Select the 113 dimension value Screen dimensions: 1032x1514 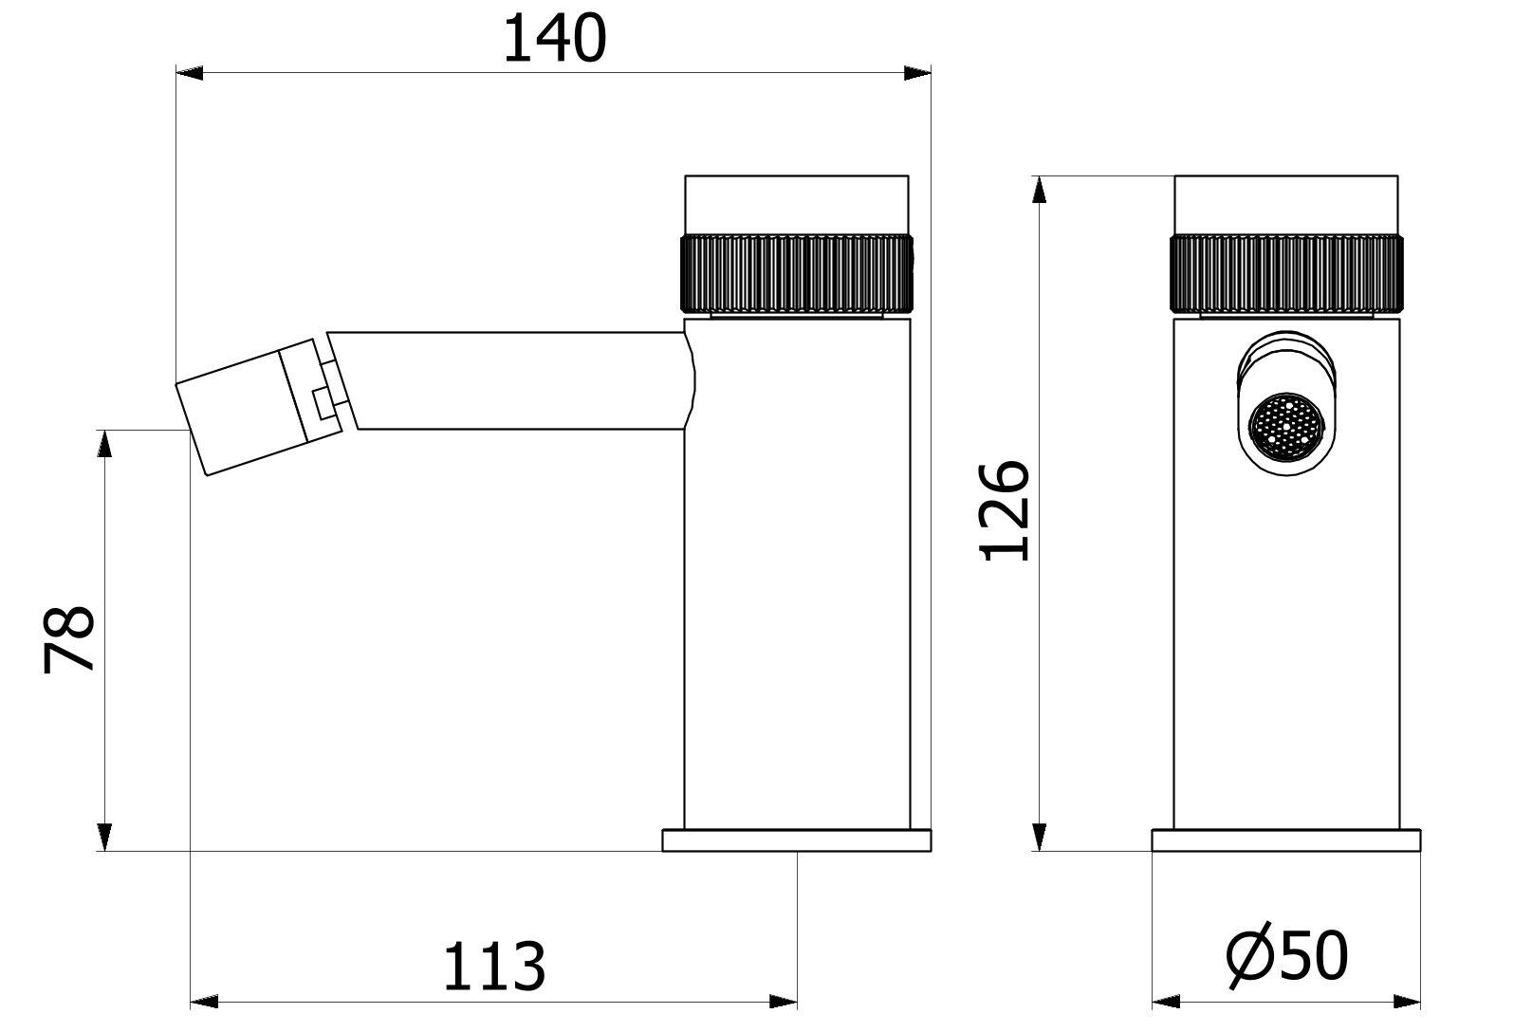(x=494, y=967)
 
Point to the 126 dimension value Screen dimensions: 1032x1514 (x=1005, y=511)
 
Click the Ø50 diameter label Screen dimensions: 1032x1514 (x=1286, y=956)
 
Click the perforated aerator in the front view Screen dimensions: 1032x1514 (x=1284, y=430)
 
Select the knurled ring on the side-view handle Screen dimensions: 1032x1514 (x=797, y=272)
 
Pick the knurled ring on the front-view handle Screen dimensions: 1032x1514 (x=1286, y=272)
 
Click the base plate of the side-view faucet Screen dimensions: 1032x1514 (x=797, y=840)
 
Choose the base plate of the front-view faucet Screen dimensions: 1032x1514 (x=1286, y=840)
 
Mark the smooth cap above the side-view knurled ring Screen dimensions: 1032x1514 (x=797, y=203)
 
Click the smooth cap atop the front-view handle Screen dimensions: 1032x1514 (x=1286, y=203)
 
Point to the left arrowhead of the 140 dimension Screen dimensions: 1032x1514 (x=191, y=72)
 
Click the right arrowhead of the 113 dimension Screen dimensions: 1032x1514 (x=783, y=1002)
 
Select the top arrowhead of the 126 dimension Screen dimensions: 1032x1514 (x=1040, y=189)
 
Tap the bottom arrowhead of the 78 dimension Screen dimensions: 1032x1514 (x=105, y=838)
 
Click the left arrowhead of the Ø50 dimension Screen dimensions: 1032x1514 (x=1166, y=1002)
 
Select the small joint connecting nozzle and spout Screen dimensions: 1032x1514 (x=325, y=391)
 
